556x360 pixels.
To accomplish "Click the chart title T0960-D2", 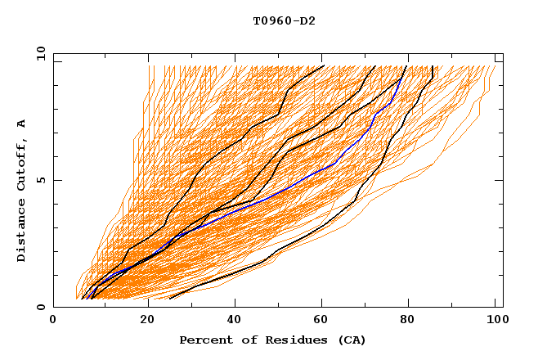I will [x=284, y=20].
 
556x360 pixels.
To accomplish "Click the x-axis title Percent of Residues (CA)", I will [x=272, y=340].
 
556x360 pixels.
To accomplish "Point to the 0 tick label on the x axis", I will [x=53, y=320].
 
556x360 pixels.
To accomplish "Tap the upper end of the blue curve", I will [x=401, y=79].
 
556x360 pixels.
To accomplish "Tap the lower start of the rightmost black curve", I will [x=170, y=299].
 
